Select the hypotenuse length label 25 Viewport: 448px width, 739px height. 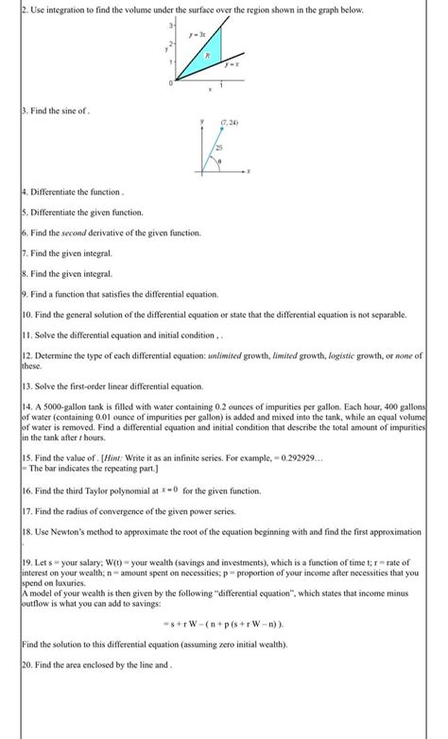coord(219,151)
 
